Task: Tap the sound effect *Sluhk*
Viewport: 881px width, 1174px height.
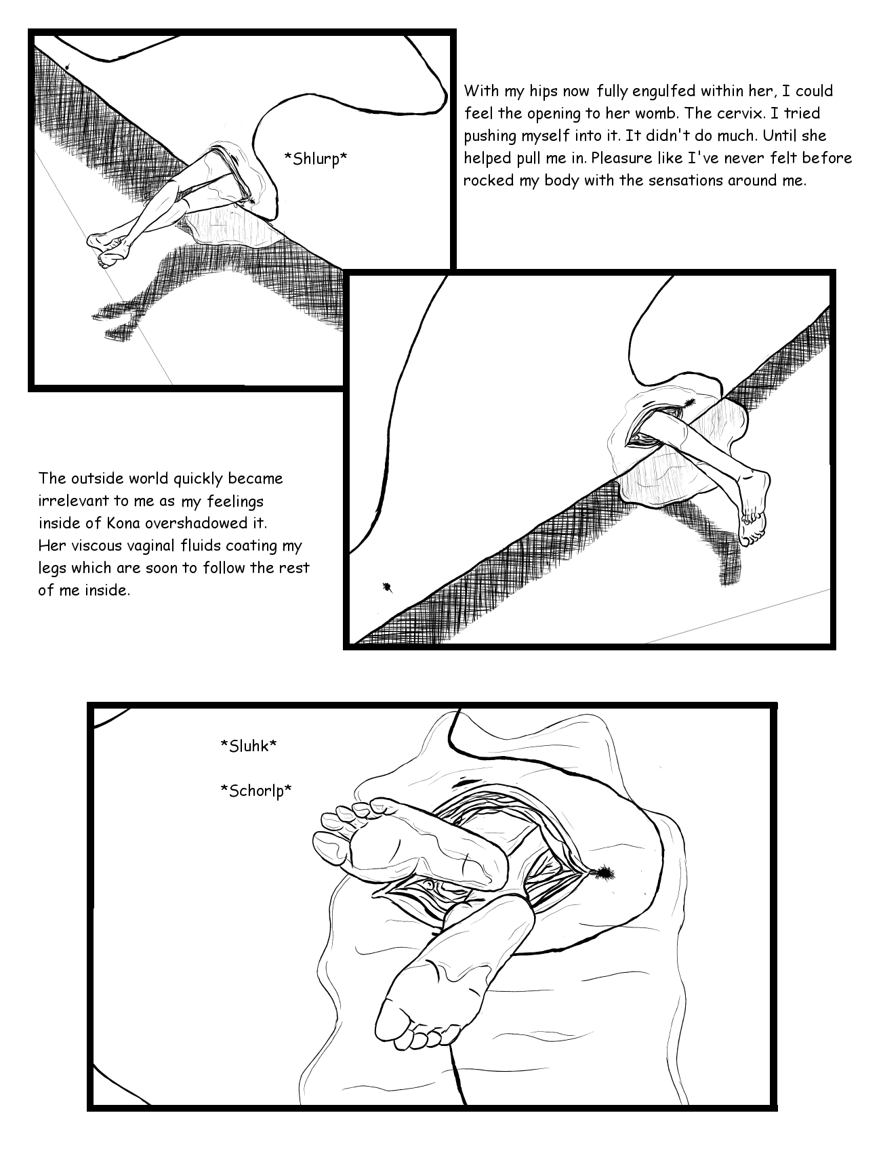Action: (249, 746)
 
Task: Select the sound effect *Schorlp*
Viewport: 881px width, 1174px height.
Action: (256, 791)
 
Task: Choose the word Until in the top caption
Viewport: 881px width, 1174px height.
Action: (764, 135)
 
